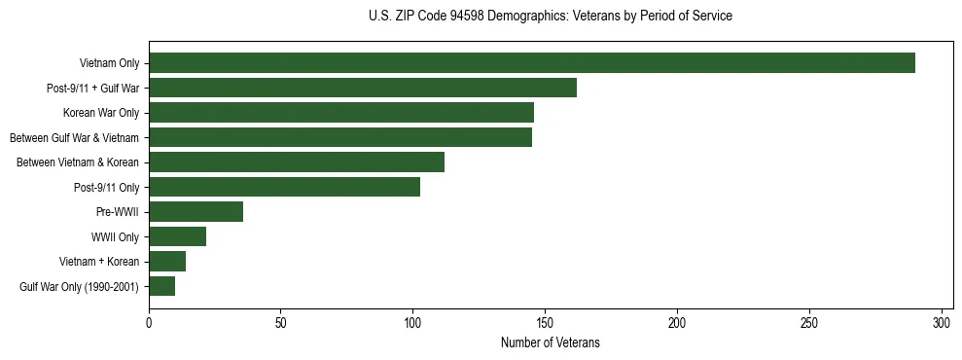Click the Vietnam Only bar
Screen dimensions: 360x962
[x=531, y=63]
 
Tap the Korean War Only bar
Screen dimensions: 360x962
[x=340, y=113]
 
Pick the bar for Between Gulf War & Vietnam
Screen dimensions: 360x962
[x=339, y=137]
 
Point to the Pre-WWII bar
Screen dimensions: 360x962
[x=196, y=212]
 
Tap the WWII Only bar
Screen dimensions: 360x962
[x=177, y=236]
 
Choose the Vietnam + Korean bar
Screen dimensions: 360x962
[x=167, y=261]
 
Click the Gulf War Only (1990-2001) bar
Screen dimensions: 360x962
[x=161, y=286]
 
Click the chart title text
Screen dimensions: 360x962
[x=551, y=17]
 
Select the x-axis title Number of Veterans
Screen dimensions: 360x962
[x=551, y=343]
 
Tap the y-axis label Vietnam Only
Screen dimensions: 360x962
[x=109, y=63]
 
